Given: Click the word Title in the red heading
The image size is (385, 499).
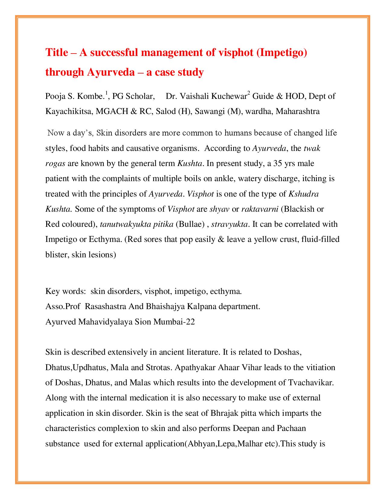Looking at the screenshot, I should pyautogui.click(x=57, y=52).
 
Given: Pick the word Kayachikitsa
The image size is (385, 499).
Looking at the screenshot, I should pyautogui.click(x=69, y=111).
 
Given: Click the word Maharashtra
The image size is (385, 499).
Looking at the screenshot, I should pyautogui.click(x=298, y=111).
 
